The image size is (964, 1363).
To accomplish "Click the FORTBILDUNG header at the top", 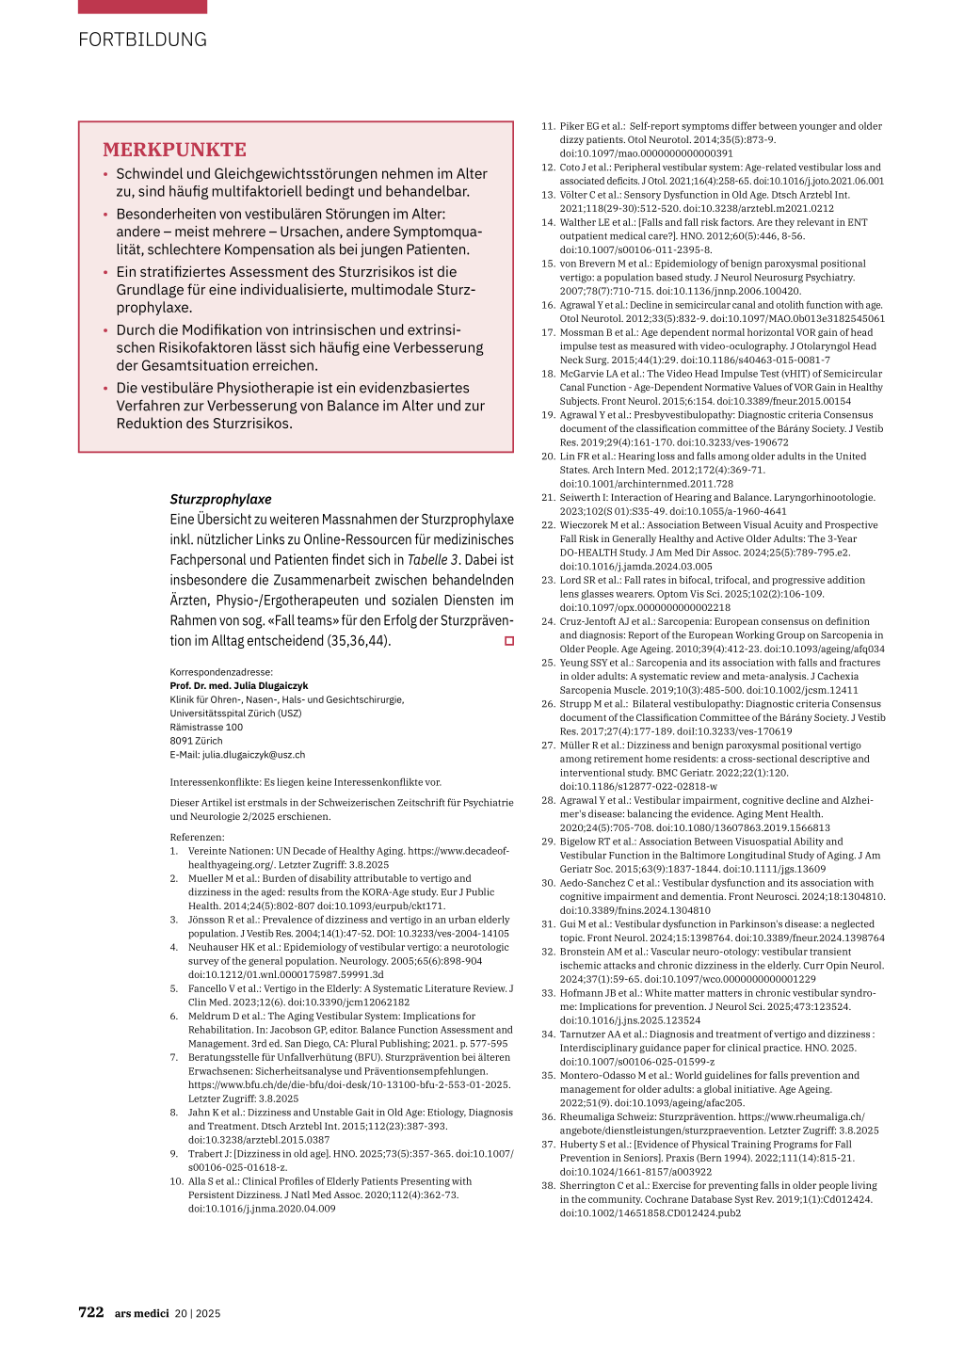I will pos(142,40).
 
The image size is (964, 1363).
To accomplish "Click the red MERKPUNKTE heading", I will pos(174,150).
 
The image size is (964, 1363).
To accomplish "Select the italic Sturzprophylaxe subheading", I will pos(220,499).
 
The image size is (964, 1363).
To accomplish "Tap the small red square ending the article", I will pos(509,641).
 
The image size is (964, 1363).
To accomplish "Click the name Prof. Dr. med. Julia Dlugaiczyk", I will pos(238,686).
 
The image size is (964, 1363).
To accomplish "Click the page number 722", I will pos(90,1312).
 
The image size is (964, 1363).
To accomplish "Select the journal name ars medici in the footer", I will pos(141,1313).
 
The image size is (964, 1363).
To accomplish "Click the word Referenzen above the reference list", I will pos(197,837).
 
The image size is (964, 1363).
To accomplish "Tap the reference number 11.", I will pos(548,126).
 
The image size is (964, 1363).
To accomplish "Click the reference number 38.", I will pos(548,1186).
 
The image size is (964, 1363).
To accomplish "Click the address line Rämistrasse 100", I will pos(206,727).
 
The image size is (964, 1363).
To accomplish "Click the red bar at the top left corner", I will pos(142,7).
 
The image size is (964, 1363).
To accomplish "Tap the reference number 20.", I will pos(548,457).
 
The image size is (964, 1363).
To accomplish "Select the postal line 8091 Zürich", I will pos(196,741).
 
